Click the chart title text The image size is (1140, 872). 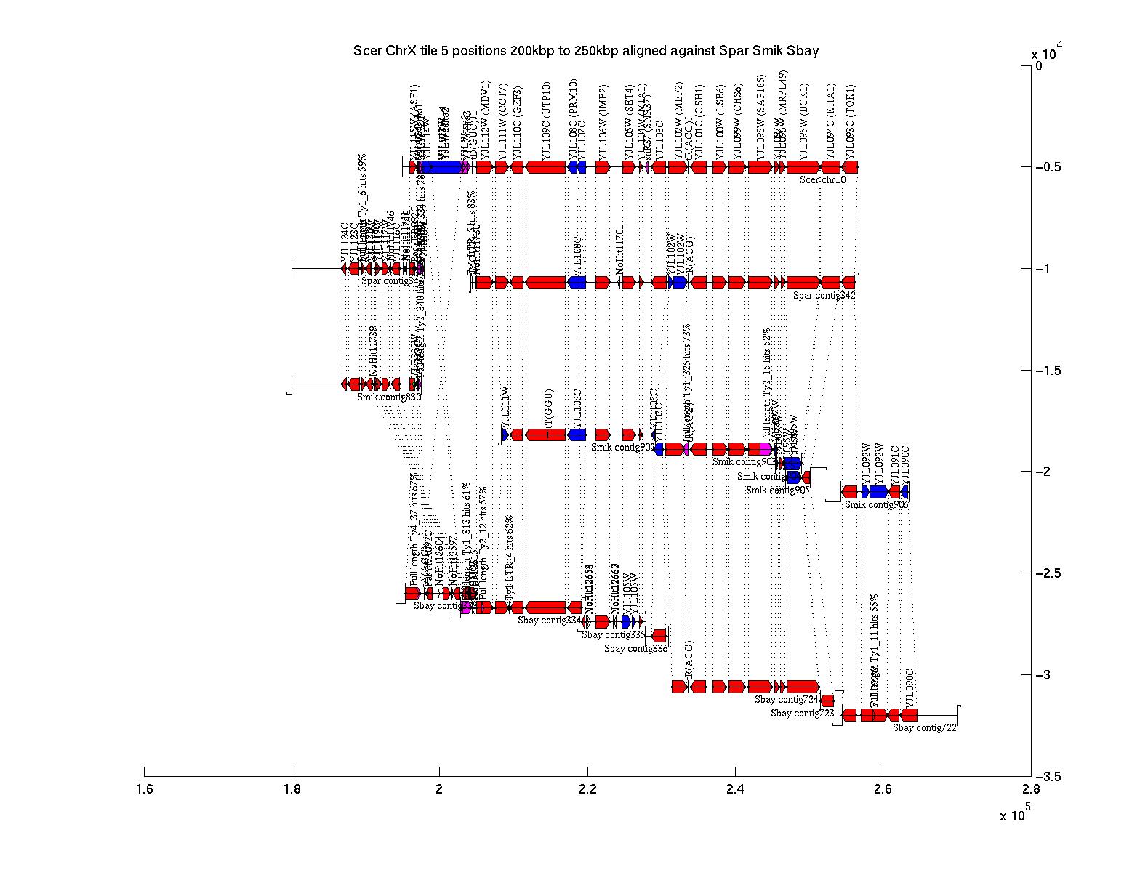pyautogui.click(x=585, y=51)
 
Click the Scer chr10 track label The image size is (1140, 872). pyautogui.click(x=822, y=180)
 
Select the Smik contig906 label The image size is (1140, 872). pyautogui.click(x=875, y=504)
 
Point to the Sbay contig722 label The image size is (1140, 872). pyautogui.click(x=924, y=727)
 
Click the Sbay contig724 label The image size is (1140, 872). pyautogui.click(x=787, y=700)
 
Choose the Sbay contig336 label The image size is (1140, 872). pyautogui.click(x=635, y=649)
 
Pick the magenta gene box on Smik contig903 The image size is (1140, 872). pyautogui.click(x=765, y=448)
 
